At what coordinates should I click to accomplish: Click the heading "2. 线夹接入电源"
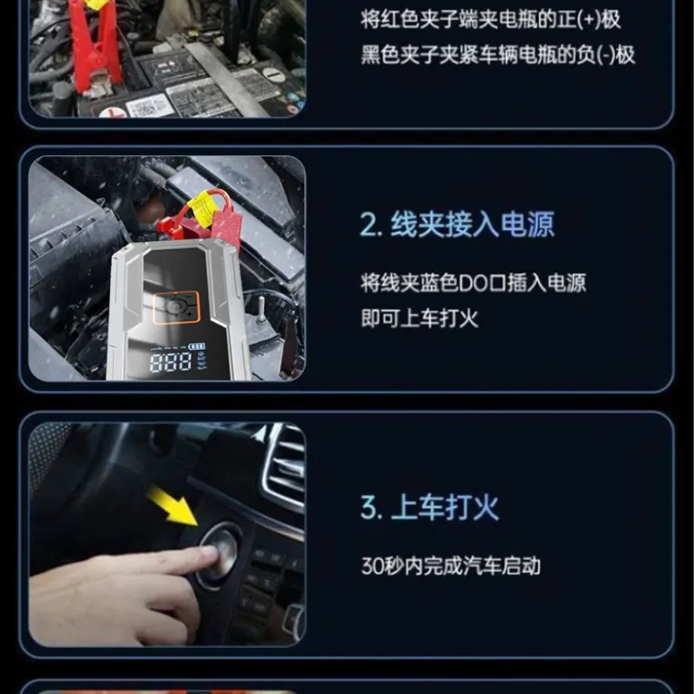(x=456, y=224)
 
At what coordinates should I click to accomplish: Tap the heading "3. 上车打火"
(x=429, y=507)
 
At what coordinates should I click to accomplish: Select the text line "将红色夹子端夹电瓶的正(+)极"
(x=491, y=20)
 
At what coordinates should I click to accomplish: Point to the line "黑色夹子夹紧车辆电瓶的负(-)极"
(x=498, y=55)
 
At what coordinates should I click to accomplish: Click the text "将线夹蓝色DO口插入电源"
(x=474, y=283)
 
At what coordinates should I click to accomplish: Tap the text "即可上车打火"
(x=419, y=318)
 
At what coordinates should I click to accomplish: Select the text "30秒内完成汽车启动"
(x=451, y=566)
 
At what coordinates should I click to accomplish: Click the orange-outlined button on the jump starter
(x=176, y=307)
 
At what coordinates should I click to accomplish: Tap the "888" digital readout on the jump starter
(x=171, y=362)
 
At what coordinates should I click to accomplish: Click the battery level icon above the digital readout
(x=197, y=346)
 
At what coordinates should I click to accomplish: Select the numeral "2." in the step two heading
(x=370, y=225)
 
